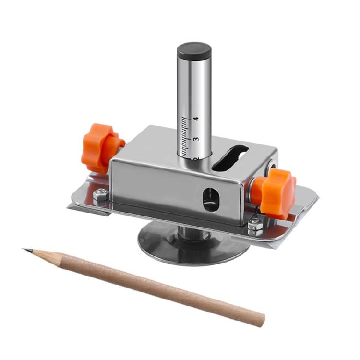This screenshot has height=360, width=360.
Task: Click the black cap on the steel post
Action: (x=194, y=50)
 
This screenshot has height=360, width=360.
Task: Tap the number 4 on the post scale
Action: (x=196, y=118)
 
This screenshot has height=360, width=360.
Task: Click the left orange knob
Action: (x=101, y=146)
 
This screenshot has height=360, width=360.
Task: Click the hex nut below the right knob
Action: (x=255, y=227)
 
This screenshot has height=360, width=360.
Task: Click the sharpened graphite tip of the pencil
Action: (x=25, y=249)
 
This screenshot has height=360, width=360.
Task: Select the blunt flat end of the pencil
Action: (x=261, y=319)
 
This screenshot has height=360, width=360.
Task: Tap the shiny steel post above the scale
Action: (x=194, y=86)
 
